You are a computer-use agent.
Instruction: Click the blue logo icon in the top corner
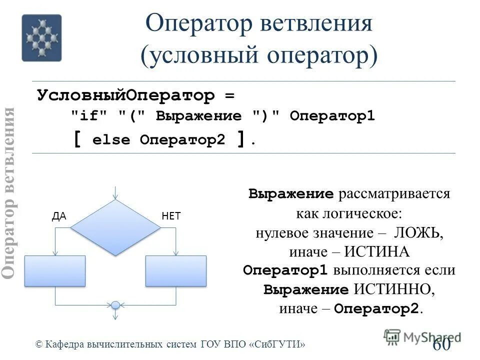coord(41,37)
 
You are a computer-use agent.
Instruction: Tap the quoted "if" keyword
coord(89,116)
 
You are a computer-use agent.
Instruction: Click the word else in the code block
coord(111,140)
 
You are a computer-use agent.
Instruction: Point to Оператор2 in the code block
coord(183,140)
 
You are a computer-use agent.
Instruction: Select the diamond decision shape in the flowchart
coord(115,227)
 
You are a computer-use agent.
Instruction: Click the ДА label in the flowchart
coord(59,216)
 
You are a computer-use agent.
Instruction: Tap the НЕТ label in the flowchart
coord(171,216)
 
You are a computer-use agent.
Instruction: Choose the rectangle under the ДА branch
coord(55,271)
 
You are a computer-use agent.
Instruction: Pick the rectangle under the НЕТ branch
coord(176,271)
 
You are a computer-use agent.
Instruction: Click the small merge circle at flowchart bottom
coord(115,304)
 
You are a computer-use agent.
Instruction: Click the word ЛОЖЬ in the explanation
coord(418,233)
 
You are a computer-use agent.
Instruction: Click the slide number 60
coord(441,345)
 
